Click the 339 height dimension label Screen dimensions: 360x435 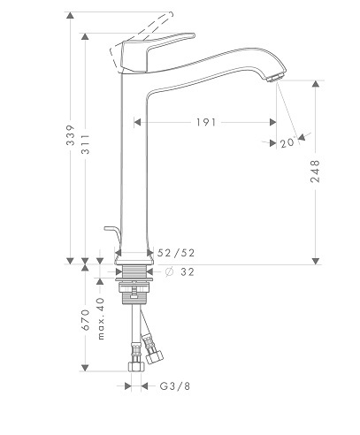(x=70, y=135)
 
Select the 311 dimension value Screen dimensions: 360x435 (x=86, y=144)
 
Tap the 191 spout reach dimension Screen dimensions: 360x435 (x=206, y=122)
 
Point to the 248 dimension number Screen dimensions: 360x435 (x=315, y=172)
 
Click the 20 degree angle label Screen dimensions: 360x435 (x=287, y=143)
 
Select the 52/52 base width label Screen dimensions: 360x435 (x=176, y=253)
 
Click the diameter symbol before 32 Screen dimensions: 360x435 (x=169, y=271)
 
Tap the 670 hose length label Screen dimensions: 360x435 (x=85, y=320)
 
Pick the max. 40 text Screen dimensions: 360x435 (x=101, y=318)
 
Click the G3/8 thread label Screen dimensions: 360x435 (x=175, y=386)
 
